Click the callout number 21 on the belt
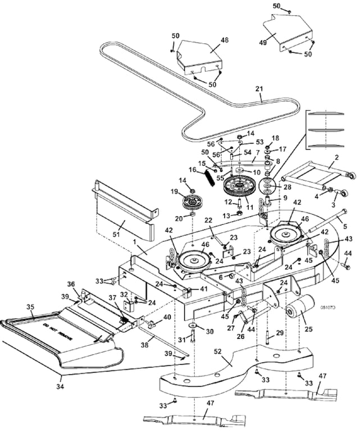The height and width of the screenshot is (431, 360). coord(259,89)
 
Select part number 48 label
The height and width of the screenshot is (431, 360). coord(209,41)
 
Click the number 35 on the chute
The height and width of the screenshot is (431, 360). coord(31,306)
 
